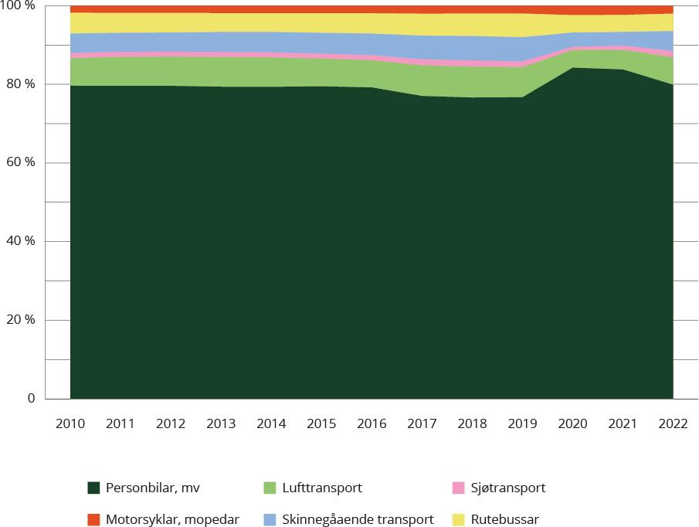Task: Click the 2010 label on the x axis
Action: (70, 423)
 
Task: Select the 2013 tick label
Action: (221, 423)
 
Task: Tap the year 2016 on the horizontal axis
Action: (372, 423)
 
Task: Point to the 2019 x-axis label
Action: (522, 423)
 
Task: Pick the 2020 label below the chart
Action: (572, 423)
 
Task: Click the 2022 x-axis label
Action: (673, 423)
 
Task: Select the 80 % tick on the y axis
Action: (20, 84)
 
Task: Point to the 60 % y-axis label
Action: (20, 163)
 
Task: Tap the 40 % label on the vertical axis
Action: (20, 242)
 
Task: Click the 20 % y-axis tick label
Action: (20, 320)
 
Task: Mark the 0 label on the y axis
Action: (31, 399)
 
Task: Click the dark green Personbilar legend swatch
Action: (93, 488)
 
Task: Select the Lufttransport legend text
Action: (322, 488)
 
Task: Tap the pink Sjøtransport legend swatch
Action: (458, 488)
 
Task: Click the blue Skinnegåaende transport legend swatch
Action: (269, 519)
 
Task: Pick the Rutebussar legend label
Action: (504, 519)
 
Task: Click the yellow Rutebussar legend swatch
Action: (458, 519)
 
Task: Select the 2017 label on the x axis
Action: (422, 423)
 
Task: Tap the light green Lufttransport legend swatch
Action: (269, 488)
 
